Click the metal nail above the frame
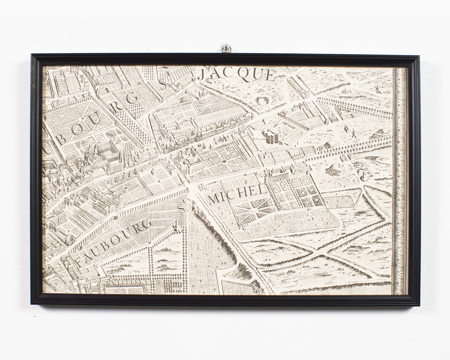[x=226, y=48]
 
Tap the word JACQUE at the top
[x=236, y=75]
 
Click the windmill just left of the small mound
[x=352, y=131]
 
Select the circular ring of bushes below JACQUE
[x=262, y=100]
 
